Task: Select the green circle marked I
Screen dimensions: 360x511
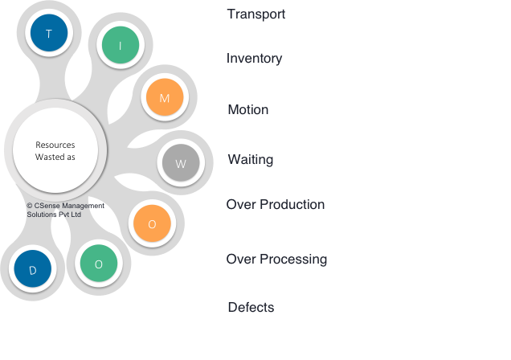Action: click(x=120, y=46)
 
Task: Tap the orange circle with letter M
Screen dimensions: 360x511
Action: click(x=165, y=98)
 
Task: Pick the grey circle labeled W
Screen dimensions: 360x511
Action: click(x=180, y=163)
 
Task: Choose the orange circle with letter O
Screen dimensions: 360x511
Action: click(x=152, y=223)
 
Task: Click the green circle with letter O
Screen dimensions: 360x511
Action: click(x=99, y=264)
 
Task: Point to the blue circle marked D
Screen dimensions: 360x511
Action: click(x=33, y=270)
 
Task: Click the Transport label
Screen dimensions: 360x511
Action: click(x=255, y=14)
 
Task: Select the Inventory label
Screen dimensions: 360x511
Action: click(x=254, y=59)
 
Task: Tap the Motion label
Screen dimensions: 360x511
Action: click(x=247, y=109)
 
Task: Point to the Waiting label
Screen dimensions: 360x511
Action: click(x=250, y=160)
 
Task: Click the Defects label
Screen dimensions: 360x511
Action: click(x=251, y=308)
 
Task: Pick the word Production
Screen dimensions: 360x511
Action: click(x=292, y=205)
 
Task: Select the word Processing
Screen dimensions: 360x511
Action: click(x=293, y=260)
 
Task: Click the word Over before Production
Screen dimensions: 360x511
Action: click(x=240, y=205)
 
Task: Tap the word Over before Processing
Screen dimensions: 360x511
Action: click(x=240, y=260)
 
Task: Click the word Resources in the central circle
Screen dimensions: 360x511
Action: click(x=55, y=145)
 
